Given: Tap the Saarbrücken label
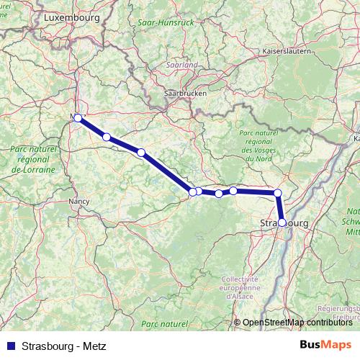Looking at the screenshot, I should coord(185,94).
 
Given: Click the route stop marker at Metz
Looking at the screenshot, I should coord(78,117).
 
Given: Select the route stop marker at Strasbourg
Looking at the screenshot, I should coord(282,223).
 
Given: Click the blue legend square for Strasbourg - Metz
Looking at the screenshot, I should coord(9,346).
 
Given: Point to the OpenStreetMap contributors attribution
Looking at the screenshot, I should coord(297,322).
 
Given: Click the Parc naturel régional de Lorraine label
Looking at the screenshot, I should coord(34,159).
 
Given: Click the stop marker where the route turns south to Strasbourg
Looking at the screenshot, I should coord(278,193).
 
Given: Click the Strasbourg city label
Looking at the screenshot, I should coord(284,224).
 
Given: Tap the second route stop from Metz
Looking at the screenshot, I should coord(107,137).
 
